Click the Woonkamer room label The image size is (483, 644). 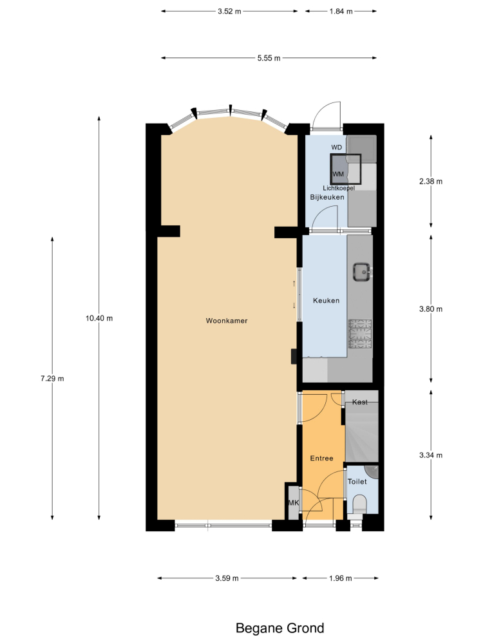tap(227, 321)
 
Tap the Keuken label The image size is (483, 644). tap(326, 301)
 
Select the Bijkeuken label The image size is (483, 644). tap(327, 197)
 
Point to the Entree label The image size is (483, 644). tap(321, 459)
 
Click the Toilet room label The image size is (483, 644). tap(357, 481)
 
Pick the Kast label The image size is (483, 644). tap(360, 402)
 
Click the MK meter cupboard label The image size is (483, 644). tap(294, 503)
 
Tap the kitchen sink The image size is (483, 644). tap(362, 272)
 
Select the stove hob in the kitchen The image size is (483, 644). tap(360, 334)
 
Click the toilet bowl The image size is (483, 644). tap(359, 504)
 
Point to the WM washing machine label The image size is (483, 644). tap(338, 174)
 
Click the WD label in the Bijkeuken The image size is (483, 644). tap(336, 147)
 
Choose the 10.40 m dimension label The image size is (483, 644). tap(99, 318)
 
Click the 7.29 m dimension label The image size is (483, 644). tap(52, 379)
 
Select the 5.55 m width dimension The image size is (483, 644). tap(269, 59)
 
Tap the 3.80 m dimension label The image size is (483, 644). tap(431, 309)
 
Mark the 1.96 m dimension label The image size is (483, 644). tap(341, 578)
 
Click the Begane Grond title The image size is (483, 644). tap(280, 628)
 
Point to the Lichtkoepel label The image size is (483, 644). tap(339, 188)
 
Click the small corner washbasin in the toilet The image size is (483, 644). tap(373, 471)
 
